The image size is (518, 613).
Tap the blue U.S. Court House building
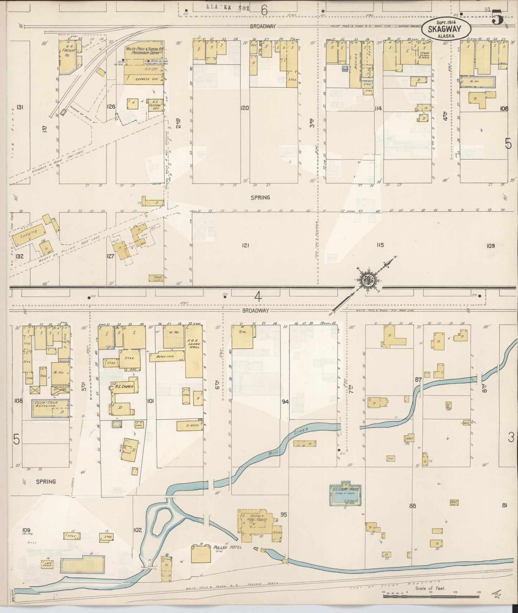tap(345, 493)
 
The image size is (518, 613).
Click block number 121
tap(245, 246)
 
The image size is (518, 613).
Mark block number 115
tap(380, 245)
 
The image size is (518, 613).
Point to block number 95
tap(284, 515)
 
